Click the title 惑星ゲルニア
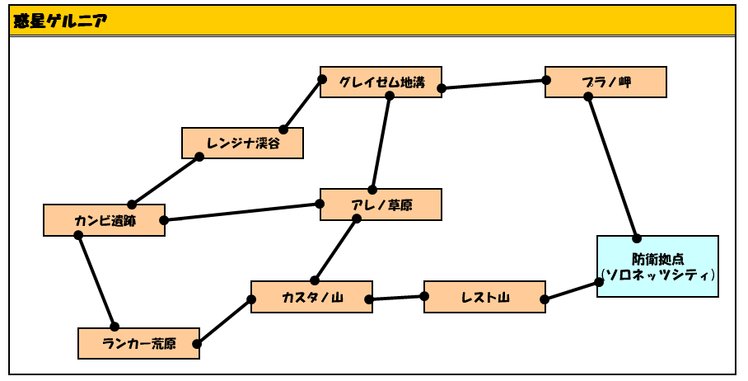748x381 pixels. point(60,21)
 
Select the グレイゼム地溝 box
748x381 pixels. point(381,82)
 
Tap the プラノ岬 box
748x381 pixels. point(605,82)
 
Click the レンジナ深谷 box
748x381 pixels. point(242,143)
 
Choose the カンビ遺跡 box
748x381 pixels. point(104,220)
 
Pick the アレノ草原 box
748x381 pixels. point(381,205)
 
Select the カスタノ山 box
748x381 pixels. point(311,297)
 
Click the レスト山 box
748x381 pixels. point(484,297)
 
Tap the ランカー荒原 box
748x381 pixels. point(138,343)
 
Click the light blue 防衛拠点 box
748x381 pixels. point(657,266)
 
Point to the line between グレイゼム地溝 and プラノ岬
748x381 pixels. point(493,84)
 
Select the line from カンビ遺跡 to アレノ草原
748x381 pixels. point(241,212)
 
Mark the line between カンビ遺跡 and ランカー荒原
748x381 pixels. point(96,280)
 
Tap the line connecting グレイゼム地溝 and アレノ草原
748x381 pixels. point(381,143)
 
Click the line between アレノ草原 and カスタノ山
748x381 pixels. point(335,249)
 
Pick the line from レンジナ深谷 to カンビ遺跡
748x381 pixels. point(166,181)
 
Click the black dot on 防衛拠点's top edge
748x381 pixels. point(636,238)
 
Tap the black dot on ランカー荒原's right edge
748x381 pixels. point(197,344)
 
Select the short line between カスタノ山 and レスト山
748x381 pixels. point(396,298)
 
